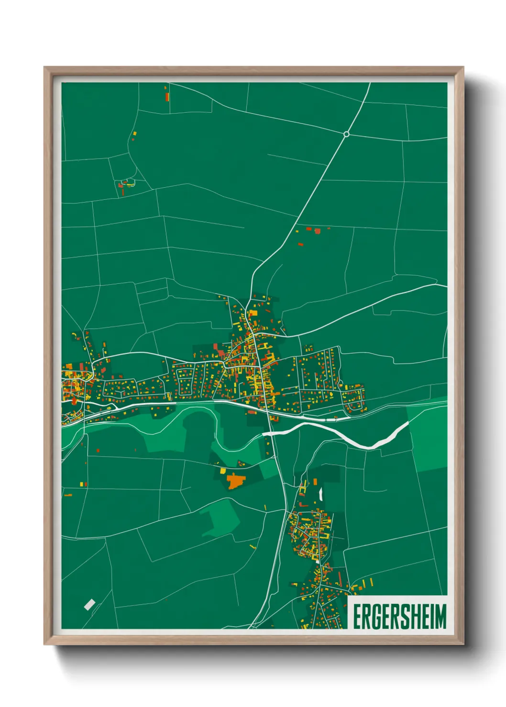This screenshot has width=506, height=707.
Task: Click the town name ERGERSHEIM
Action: point(399,616)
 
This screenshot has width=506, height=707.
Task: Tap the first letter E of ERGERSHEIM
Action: point(357,616)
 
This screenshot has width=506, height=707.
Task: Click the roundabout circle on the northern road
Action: point(346,134)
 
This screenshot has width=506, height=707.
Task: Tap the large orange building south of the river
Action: point(235,481)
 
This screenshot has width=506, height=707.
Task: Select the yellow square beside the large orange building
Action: point(222,471)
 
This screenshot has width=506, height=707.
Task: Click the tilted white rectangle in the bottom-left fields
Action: point(89,604)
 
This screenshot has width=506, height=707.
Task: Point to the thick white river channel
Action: point(344,436)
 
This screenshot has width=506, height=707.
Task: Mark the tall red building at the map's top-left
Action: point(167,97)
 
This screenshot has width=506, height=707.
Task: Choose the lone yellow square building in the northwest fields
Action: point(135,133)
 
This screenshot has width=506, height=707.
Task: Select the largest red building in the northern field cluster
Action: point(317,232)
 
